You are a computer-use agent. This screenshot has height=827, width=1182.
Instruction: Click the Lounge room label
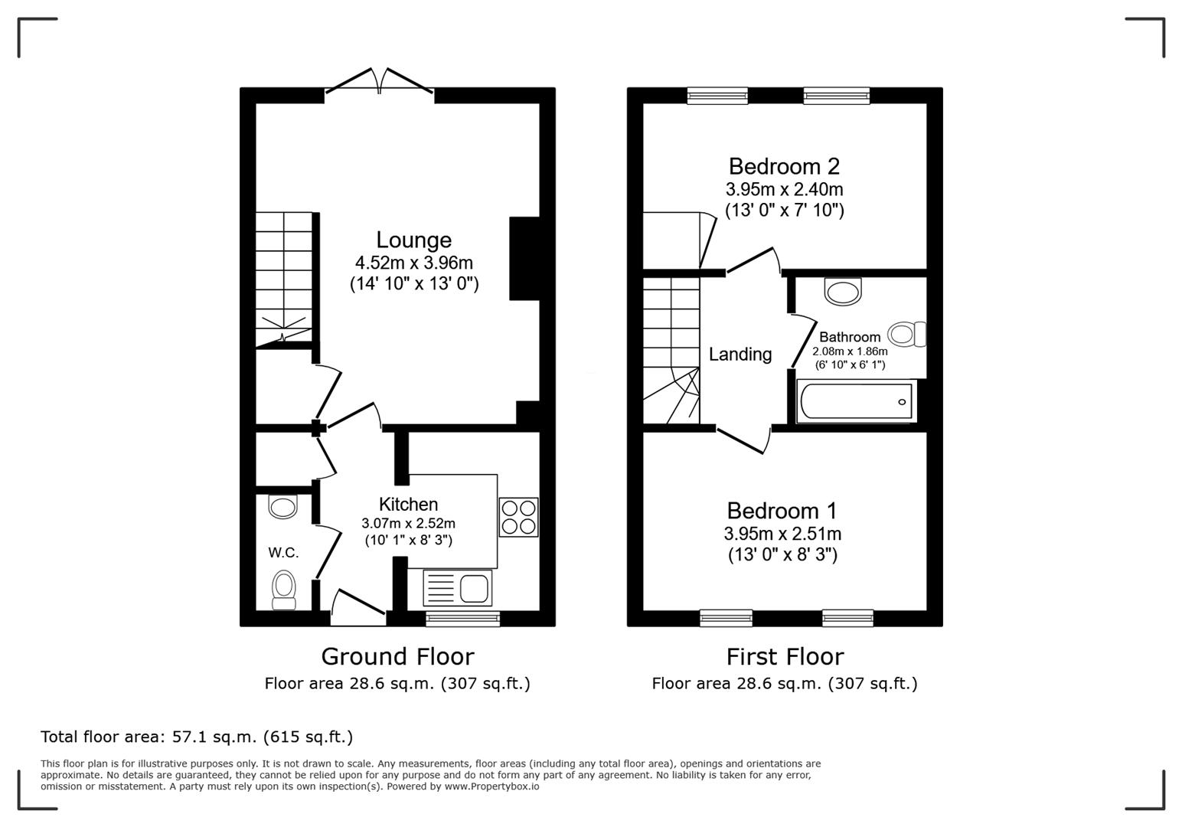click(413, 240)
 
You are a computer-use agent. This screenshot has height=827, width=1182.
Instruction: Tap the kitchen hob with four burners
click(519, 517)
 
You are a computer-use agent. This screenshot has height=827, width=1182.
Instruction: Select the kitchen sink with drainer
click(458, 587)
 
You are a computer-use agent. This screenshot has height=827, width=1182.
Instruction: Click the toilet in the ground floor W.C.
click(283, 590)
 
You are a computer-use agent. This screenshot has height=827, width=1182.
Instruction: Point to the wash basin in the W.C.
click(282, 506)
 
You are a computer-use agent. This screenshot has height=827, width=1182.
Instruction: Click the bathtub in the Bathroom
click(856, 401)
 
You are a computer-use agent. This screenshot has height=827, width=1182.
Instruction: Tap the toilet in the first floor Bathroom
click(907, 334)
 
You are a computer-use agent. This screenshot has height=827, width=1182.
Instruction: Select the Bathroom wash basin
click(843, 291)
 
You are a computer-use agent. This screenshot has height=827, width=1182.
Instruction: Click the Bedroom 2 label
click(784, 166)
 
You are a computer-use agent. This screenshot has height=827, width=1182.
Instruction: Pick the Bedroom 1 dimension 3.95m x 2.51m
click(782, 534)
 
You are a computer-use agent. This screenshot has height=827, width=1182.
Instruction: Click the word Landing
click(740, 354)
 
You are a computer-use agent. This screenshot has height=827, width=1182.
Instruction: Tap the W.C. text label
click(283, 553)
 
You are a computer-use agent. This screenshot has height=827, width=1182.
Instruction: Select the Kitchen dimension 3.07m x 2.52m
click(409, 524)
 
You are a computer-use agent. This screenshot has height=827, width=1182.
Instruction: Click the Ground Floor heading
click(398, 656)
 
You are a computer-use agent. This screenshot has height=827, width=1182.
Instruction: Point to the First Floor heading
click(785, 656)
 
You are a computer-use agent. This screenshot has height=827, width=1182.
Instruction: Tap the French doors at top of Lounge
click(380, 81)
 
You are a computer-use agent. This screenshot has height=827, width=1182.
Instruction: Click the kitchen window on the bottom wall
click(463, 619)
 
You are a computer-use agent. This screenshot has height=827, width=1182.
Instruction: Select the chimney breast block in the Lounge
click(524, 259)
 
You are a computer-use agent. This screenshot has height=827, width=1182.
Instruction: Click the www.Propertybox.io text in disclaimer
click(491, 786)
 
